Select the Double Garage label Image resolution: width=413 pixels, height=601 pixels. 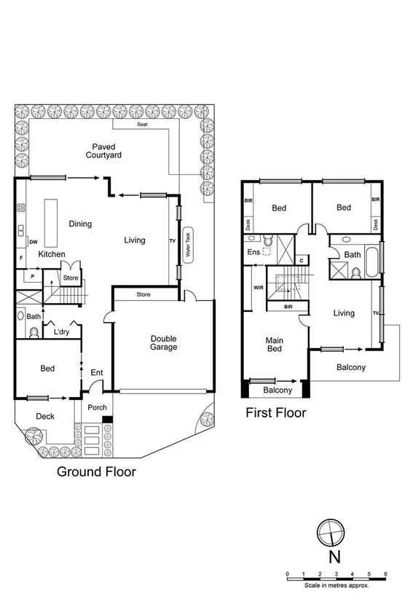pos(164,342)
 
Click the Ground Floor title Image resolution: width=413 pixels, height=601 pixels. pos(97,471)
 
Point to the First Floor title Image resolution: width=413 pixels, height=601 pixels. pos(276,413)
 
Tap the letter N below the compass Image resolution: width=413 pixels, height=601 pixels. pos(333,558)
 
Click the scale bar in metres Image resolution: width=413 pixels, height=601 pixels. pos(337,578)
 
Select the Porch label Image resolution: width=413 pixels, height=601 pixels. pos(98,407)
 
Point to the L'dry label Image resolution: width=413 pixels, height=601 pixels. pos(61,333)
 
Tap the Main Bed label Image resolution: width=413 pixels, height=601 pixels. pos(275,344)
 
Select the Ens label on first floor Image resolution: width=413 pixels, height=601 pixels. pos(253,252)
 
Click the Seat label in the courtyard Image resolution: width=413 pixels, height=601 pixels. pos(142,125)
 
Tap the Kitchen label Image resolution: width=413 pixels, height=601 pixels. pos(52,254)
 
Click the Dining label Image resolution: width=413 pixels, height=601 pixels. pos(80,224)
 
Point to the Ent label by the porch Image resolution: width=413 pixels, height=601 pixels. pos(96,373)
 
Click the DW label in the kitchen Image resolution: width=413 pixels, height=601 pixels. pos(34,241)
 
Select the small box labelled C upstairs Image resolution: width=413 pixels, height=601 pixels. pos(302,259)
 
